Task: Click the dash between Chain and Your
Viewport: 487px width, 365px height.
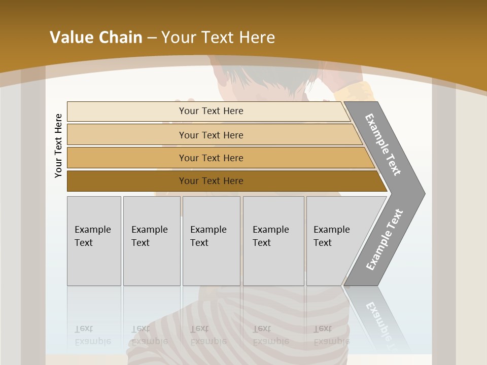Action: [x=152, y=38]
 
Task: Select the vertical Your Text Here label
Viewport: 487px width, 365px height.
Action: [x=58, y=146]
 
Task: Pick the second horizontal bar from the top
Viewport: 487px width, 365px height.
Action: [x=211, y=135]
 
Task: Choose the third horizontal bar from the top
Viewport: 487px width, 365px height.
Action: [x=211, y=158]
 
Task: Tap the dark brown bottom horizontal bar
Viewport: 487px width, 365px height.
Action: [x=211, y=181]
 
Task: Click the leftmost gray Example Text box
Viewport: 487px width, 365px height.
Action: [x=94, y=241]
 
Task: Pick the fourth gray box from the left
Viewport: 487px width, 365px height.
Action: [x=273, y=241]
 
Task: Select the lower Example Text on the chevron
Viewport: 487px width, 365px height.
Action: [x=385, y=240]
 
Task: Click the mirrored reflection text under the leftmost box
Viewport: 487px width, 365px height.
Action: [x=93, y=335]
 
